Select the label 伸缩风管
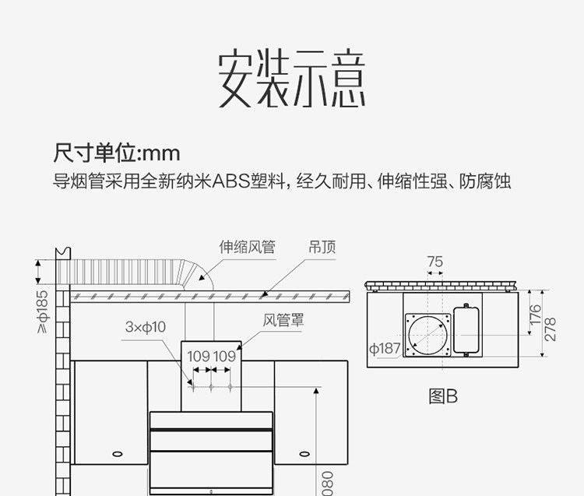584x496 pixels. [x=247, y=247]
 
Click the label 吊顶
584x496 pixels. [x=322, y=247]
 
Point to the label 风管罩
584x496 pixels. [x=283, y=319]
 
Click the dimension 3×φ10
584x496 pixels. [x=145, y=328]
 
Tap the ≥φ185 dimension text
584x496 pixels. [x=42, y=311]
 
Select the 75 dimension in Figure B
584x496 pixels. [x=434, y=262]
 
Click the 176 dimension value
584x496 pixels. [x=535, y=315]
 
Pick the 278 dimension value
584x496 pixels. [x=551, y=327]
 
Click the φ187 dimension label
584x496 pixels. [x=384, y=348]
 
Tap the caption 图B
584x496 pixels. [x=443, y=396]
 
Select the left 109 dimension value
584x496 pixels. [x=199, y=356]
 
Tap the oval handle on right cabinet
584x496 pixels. [x=304, y=453]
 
